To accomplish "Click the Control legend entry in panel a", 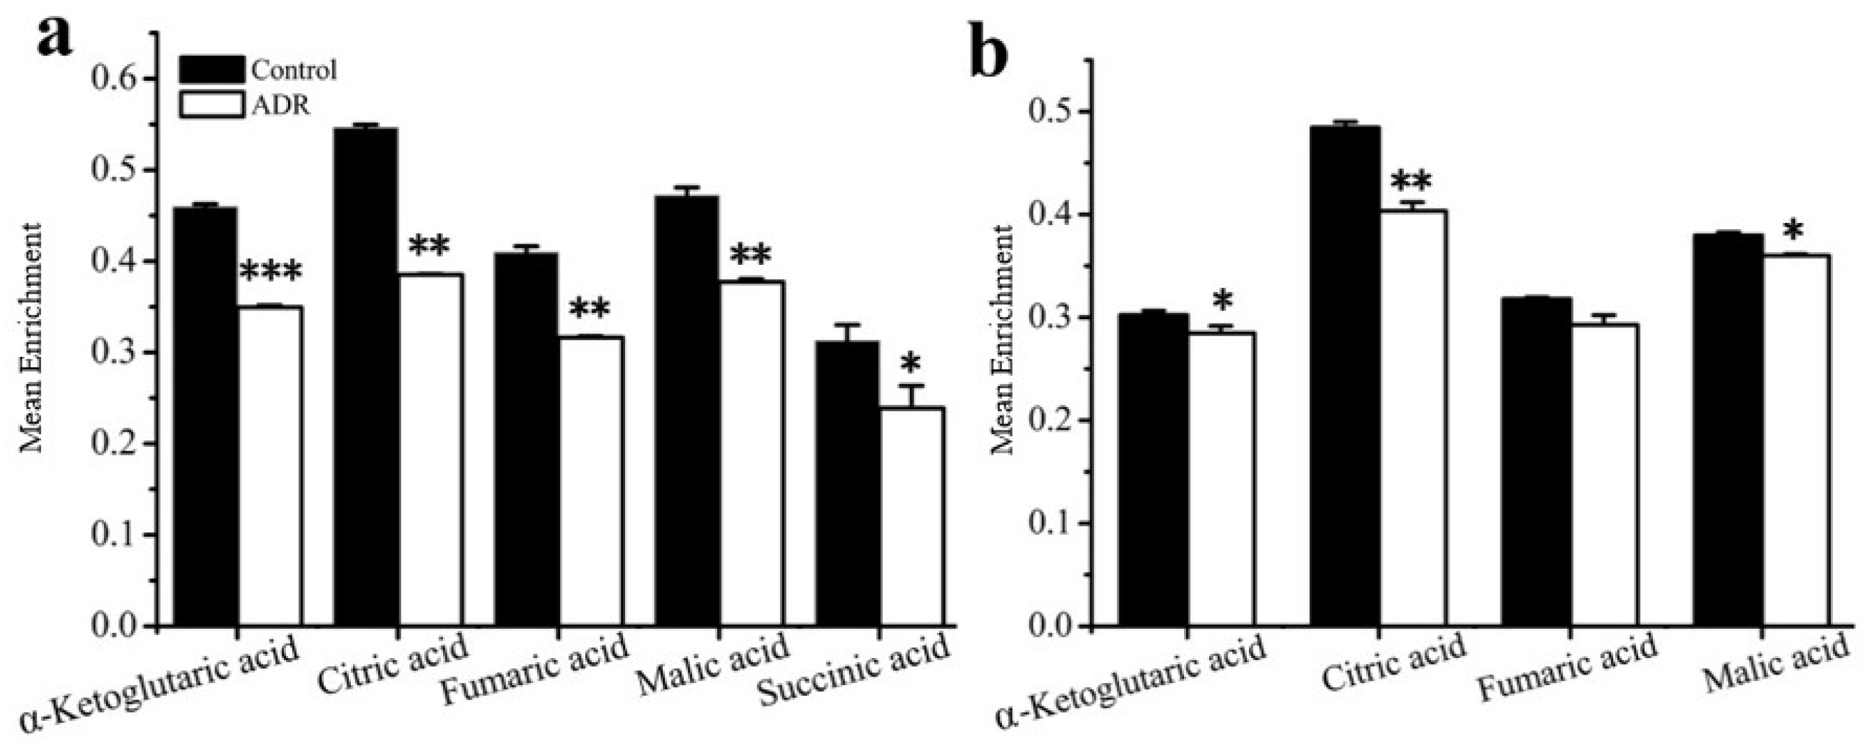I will (258, 70).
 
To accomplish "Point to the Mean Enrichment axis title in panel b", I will (1003, 340).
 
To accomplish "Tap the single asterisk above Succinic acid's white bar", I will (911, 363).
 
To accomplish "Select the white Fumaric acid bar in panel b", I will (1604, 474).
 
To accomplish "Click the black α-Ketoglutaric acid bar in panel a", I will (205, 416).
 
